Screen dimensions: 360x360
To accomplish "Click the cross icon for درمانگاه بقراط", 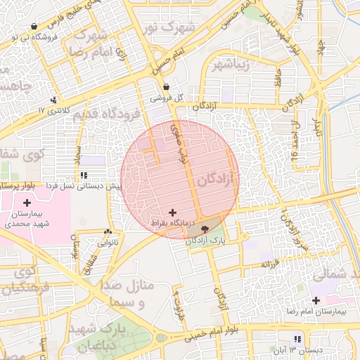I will (x=172, y=212).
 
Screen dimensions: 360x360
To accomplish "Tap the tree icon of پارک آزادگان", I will (x=204, y=229).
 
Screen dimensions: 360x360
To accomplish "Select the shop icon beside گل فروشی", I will (x=166, y=87).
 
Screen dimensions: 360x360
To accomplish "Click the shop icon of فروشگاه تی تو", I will (x=34, y=27).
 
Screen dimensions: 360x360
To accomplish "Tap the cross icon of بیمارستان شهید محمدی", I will (x=27, y=202).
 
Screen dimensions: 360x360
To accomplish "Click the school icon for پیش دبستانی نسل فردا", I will (x=84, y=175).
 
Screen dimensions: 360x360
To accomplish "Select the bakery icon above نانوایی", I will (x=108, y=232).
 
